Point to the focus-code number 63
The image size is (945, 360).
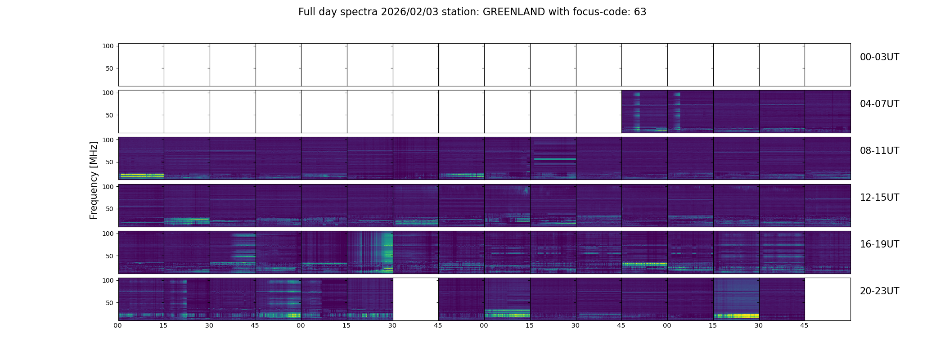pyautogui.click(x=640, y=12)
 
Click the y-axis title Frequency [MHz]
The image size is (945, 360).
pyautogui.click(x=94, y=180)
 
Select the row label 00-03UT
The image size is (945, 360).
pyautogui.click(x=879, y=57)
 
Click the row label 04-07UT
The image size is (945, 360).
pyautogui.click(x=879, y=104)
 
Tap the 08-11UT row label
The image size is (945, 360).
pyautogui.click(x=879, y=151)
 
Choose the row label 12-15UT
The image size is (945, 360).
pyautogui.click(x=879, y=198)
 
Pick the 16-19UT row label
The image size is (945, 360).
pyautogui.click(x=879, y=244)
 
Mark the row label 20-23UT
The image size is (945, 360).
pyautogui.click(x=879, y=291)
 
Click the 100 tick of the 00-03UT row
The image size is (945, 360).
pyautogui.click(x=108, y=46)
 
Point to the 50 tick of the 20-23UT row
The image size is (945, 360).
pyautogui.click(x=110, y=303)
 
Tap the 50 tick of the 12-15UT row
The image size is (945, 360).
pyautogui.click(x=110, y=209)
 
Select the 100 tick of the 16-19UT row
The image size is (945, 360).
pyautogui.click(x=108, y=234)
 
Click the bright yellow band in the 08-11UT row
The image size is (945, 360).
pyautogui.click(x=141, y=175)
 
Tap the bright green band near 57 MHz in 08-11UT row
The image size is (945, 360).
pyautogui.click(x=553, y=159)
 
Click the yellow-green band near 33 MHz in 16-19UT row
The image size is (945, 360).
pyautogui.click(x=644, y=264)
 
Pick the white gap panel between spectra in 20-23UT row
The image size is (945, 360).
pyautogui.click(x=416, y=299)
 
